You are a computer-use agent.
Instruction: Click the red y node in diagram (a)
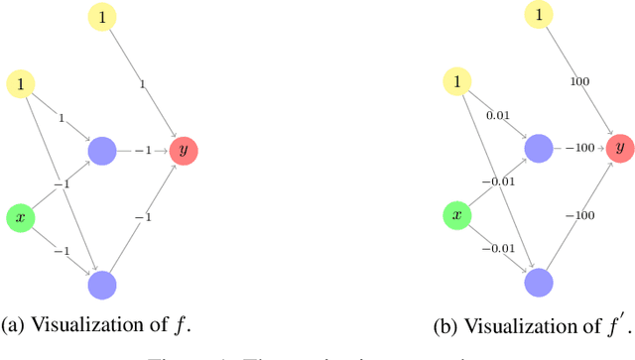(184, 151)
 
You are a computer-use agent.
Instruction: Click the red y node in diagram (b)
(621, 148)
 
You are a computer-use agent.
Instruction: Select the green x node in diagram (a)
(21, 217)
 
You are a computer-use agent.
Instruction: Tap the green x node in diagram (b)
(456, 214)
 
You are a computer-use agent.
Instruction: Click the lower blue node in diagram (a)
(102, 286)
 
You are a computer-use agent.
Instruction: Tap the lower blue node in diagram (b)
(540, 283)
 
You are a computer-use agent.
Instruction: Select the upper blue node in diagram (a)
(102, 151)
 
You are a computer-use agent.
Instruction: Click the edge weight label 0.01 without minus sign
(496, 116)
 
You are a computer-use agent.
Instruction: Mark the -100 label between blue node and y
(579, 149)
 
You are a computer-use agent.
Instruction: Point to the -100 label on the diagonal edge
(579, 216)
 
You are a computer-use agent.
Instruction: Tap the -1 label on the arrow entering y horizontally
(143, 151)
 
